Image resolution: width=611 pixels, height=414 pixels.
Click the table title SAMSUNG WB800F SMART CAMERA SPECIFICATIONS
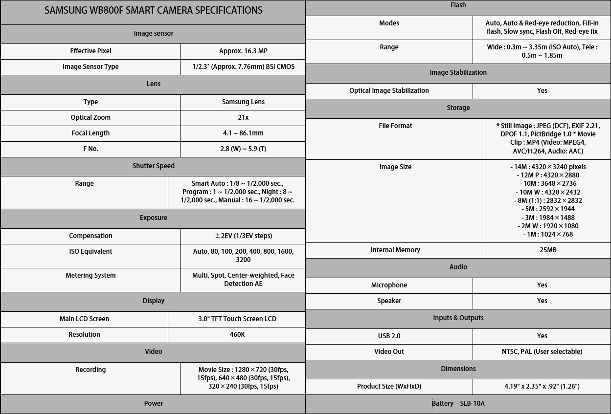153,10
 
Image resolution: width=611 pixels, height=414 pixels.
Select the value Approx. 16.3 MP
243,51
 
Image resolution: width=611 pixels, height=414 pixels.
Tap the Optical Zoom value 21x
243,117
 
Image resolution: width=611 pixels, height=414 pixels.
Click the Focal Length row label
91,133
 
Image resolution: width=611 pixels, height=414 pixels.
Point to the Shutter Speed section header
153,166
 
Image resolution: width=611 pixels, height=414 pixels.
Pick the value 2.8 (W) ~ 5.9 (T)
243,149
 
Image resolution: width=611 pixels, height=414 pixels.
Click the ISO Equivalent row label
91,251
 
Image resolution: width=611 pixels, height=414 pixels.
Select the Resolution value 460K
237,334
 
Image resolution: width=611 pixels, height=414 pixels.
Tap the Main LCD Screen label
84,319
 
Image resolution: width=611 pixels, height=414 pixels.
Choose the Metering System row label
91,275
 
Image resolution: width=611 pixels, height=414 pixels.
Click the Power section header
153,403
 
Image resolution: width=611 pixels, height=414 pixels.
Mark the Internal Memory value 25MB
548,250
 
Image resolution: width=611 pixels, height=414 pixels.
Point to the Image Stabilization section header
458,72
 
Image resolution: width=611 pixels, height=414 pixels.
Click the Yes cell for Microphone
542,285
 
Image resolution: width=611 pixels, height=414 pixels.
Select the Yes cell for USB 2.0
542,336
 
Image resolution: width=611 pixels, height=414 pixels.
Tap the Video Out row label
389,351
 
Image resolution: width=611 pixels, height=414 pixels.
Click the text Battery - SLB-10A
458,403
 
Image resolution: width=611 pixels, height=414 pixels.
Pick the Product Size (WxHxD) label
389,386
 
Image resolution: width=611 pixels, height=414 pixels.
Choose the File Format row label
395,126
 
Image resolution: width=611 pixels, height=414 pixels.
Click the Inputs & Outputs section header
458,318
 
